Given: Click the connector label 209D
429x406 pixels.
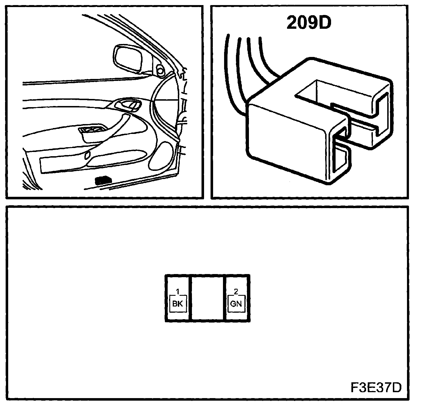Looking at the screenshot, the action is click(x=308, y=23).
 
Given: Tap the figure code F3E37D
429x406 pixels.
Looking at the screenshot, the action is click(x=376, y=388).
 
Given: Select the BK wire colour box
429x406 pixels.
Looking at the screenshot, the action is click(x=178, y=303).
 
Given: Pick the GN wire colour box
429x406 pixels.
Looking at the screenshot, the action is click(x=236, y=303).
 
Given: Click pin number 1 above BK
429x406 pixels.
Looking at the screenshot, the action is click(x=178, y=291).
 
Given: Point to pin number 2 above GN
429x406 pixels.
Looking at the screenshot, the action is click(x=236, y=291).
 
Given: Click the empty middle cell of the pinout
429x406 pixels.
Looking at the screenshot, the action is click(x=208, y=298).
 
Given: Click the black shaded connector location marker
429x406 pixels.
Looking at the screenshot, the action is click(x=104, y=180).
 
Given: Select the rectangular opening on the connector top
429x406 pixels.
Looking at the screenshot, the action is click(x=325, y=92).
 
